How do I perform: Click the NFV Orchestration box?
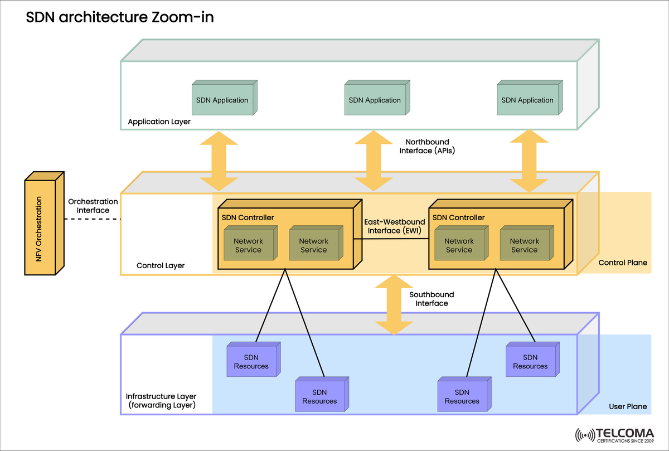(41, 226)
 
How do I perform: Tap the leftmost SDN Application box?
(222, 100)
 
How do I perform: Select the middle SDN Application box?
(375, 100)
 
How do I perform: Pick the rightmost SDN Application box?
(527, 100)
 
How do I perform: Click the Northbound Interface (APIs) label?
(427, 146)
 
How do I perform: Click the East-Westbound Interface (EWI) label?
(394, 226)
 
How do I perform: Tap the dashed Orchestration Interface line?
(92, 219)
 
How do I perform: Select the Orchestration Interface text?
(93, 206)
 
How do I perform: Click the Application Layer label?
(159, 122)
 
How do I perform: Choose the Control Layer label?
(161, 266)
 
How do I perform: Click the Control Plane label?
(623, 263)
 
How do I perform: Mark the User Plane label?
(628, 407)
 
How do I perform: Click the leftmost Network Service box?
(248, 245)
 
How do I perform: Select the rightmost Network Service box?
(524, 245)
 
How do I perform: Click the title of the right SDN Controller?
(458, 217)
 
